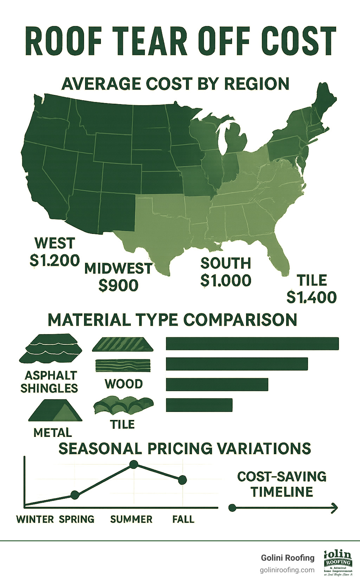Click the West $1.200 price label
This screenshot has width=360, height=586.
click(55, 261)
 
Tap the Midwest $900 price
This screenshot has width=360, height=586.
click(118, 285)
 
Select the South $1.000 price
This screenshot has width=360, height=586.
click(226, 280)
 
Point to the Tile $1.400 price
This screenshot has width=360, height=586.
click(311, 297)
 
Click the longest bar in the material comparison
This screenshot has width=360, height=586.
click(252, 344)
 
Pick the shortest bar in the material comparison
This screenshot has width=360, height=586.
click(199, 405)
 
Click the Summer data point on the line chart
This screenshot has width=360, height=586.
click(134, 465)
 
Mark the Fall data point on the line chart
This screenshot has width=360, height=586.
click(182, 480)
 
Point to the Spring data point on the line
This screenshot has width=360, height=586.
click(75, 495)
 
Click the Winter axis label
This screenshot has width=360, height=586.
click(35, 519)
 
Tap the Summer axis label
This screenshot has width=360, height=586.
click(131, 519)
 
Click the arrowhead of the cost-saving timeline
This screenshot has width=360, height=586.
click(335, 508)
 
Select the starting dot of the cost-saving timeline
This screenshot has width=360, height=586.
click(232, 508)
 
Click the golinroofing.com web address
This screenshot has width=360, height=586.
click(287, 570)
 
